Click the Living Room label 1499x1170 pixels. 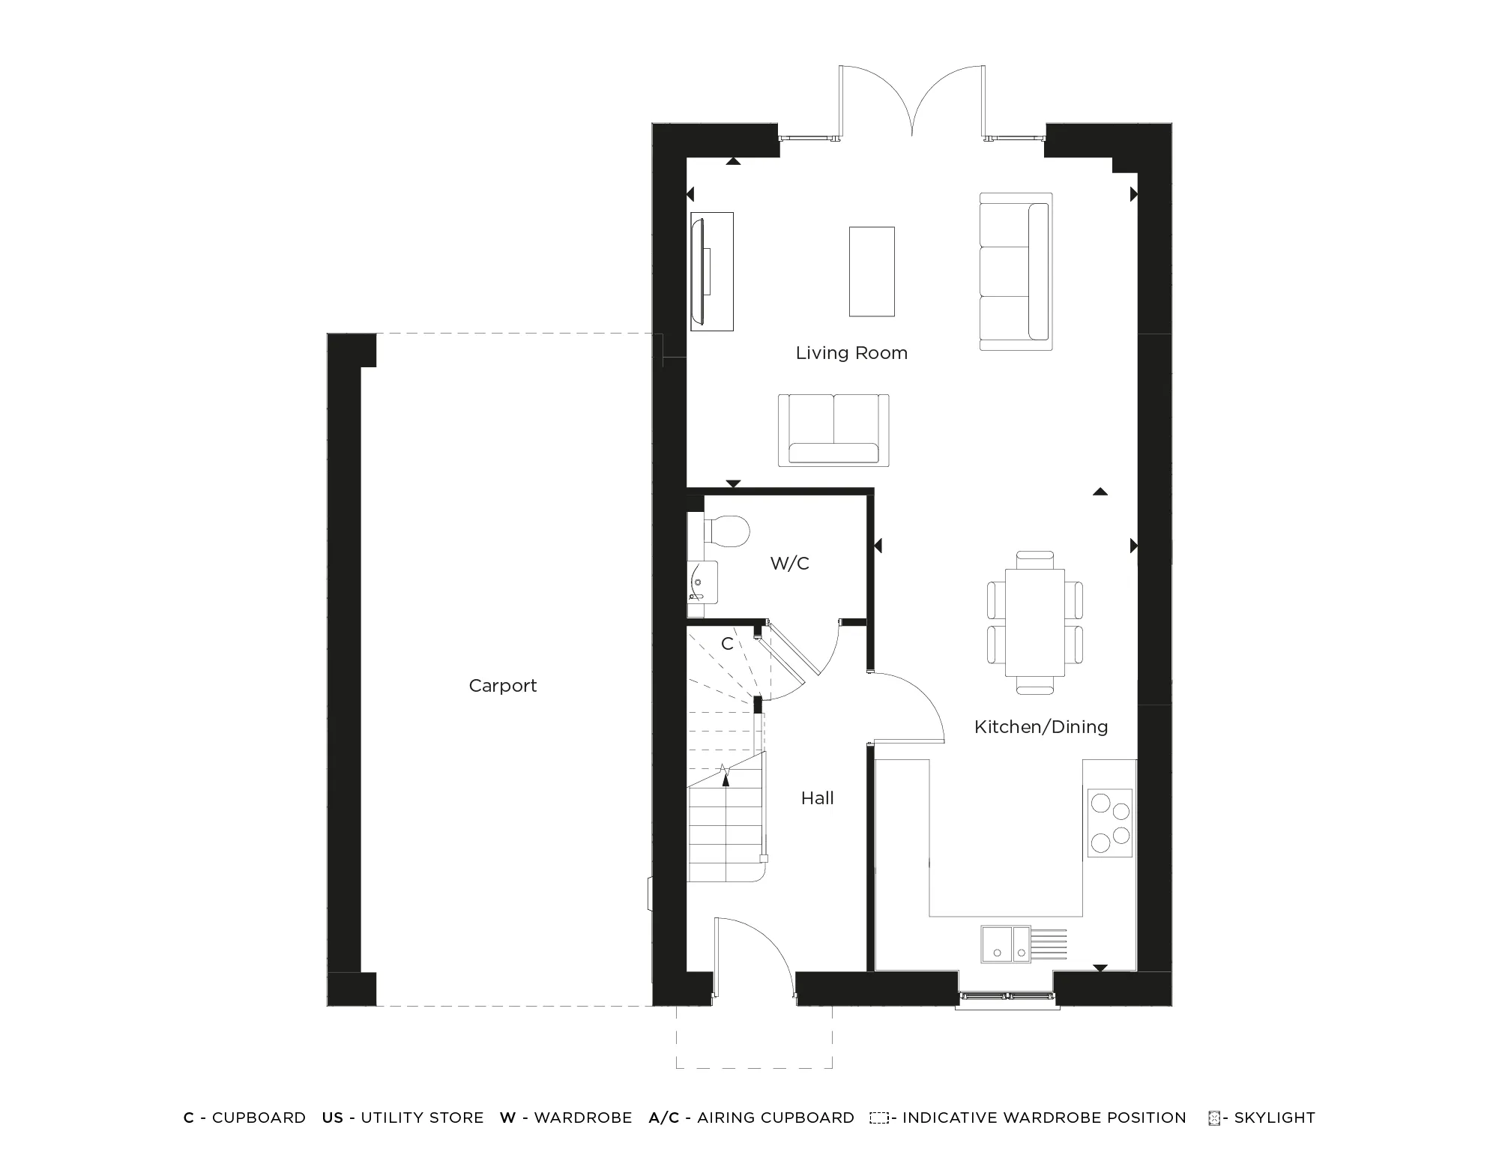(851, 353)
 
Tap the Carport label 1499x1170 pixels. (503, 686)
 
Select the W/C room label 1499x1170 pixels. (790, 564)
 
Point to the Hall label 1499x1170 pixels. (817, 798)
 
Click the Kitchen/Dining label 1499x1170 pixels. (1041, 726)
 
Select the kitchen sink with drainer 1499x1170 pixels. (1023, 944)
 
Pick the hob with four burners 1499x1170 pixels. (1110, 822)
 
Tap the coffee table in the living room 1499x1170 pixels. (872, 271)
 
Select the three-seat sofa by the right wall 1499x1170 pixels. (1016, 271)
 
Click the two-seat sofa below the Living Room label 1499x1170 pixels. (833, 430)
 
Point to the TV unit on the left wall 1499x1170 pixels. (711, 271)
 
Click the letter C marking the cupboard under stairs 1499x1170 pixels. (727, 644)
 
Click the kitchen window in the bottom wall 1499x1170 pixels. (1007, 996)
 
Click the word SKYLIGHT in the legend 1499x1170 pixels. (1274, 1118)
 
